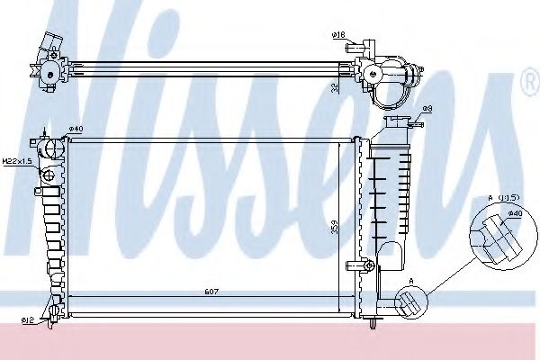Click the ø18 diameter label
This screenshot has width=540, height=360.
tap(339, 35)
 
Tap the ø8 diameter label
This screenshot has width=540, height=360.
tap(428, 109)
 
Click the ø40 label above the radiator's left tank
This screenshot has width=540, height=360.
tap(76, 130)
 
